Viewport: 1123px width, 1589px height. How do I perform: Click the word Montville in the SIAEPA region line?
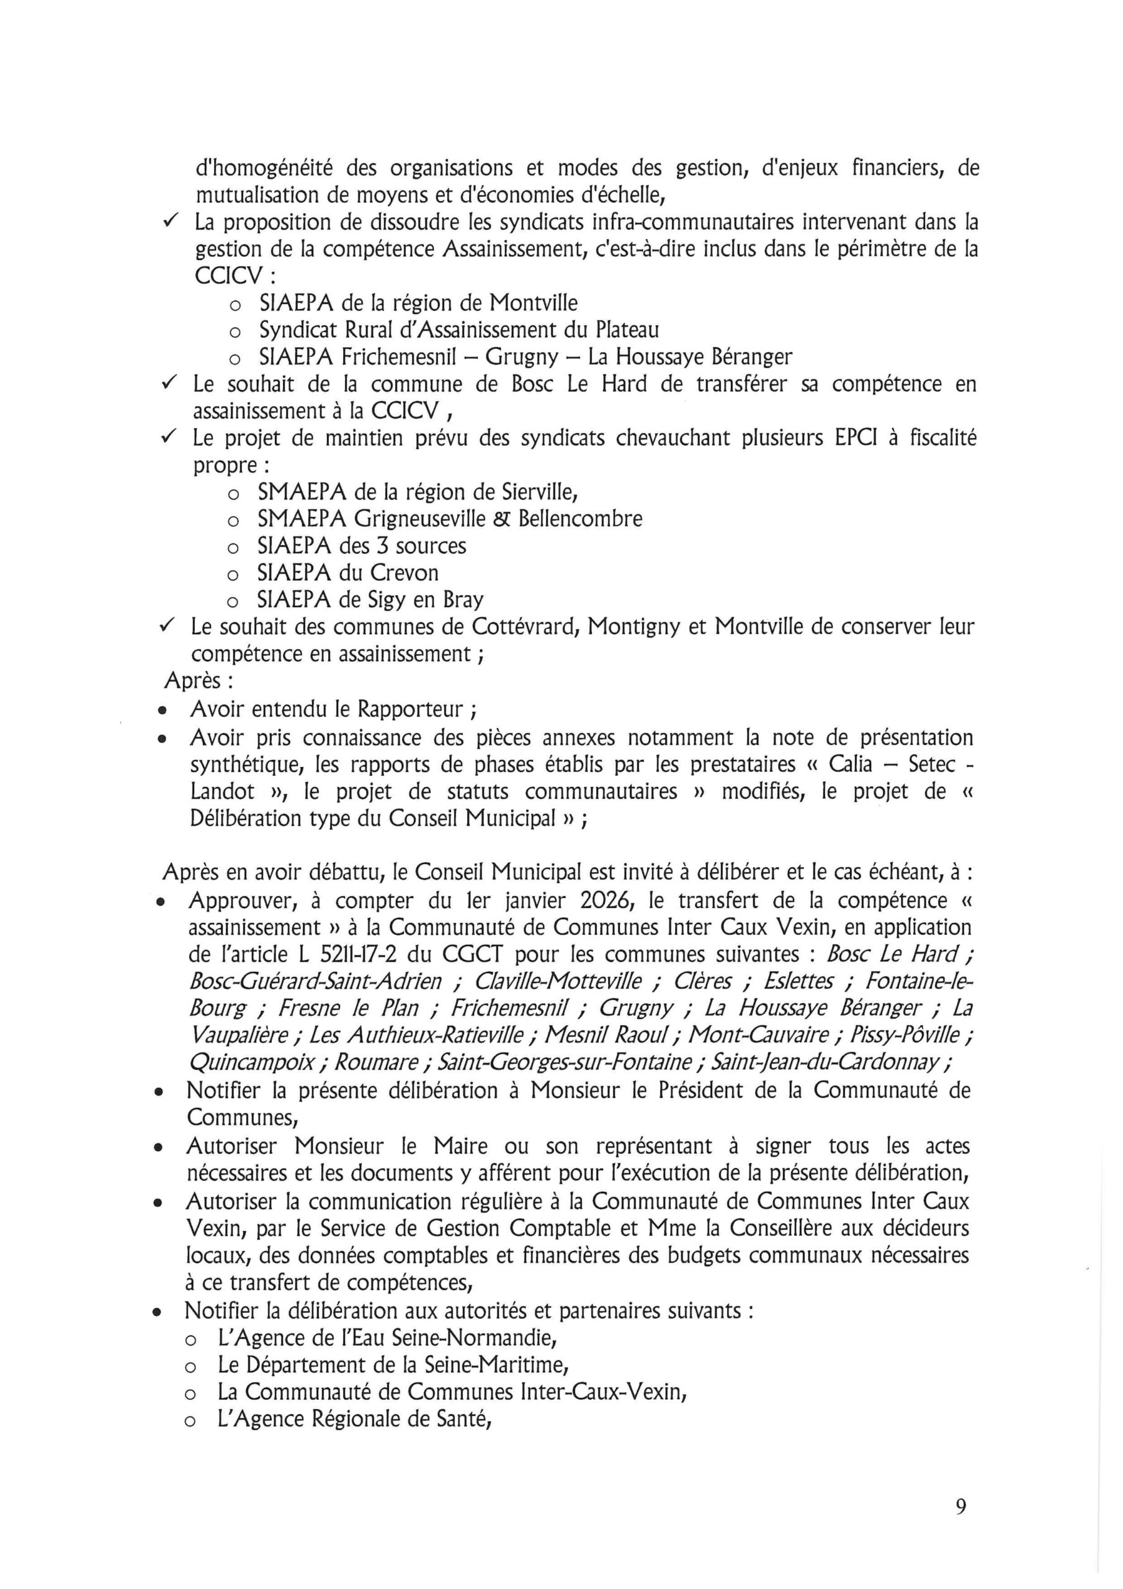click(x=534, y=302)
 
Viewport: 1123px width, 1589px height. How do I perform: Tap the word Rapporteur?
click(x=410, y=709)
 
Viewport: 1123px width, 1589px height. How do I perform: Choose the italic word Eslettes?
click(x=797, y=981)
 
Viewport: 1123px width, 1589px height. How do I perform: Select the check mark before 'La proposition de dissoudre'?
click(x=170, y=222)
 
